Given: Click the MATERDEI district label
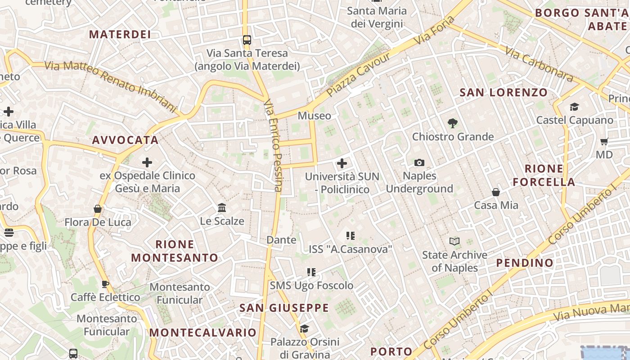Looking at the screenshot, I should click(120, 34).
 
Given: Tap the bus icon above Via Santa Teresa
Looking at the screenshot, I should click(247, 40).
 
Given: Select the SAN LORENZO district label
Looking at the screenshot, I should click(504, 93).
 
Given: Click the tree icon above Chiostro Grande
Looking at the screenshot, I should click(453, 123).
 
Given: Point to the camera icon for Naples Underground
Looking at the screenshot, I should click(419, 162).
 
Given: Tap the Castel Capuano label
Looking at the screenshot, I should click(574, 120).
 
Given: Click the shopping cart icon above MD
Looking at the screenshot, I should click(604, 141).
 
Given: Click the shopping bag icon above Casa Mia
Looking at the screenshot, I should click(496, 192).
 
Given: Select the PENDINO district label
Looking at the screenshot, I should click(525, 263).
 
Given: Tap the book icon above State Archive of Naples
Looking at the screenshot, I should click(454, 242).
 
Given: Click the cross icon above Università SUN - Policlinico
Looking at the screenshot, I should click(342, 163).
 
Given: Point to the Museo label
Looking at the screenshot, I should click(314, 116).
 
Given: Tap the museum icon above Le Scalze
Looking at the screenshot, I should click(222, 207).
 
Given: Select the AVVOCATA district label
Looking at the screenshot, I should click(125, 140).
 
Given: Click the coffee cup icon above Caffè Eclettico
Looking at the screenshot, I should click(105, 284).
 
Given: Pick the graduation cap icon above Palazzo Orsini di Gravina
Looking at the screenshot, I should click(304, 328).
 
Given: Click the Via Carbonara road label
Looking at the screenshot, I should click(539, 64).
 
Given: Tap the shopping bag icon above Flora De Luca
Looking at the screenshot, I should click(98, 209).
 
